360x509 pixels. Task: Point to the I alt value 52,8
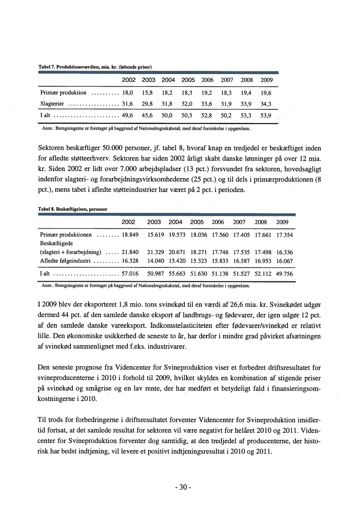point(207,116)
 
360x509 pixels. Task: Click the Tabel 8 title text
point(74,209)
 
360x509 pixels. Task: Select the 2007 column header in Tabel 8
point(240,222)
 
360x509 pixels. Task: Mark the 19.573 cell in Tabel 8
point(177,235)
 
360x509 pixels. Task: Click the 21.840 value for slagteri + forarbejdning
point(130,252)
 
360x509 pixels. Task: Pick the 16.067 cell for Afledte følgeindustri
point(285,261)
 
